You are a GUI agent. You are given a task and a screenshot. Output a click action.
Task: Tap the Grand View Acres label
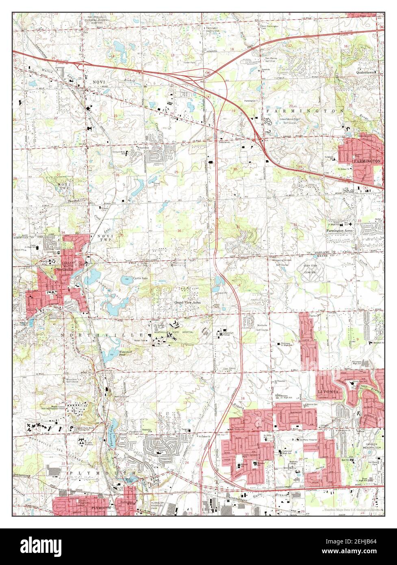point(187,303)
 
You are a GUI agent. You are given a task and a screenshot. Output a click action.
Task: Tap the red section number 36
point(179,230)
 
